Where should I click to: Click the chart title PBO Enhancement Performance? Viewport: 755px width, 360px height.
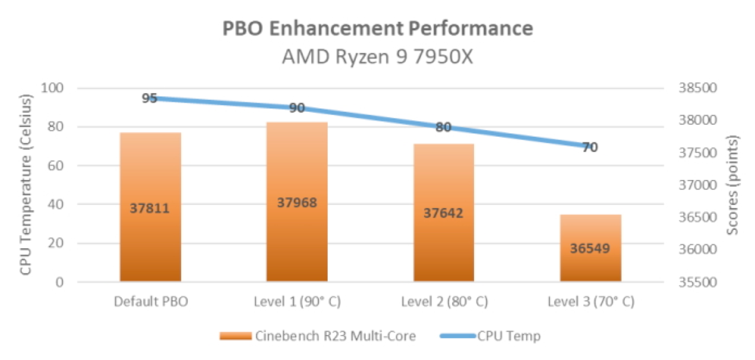point(377,28)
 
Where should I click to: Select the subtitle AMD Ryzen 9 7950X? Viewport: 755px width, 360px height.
point(377,58)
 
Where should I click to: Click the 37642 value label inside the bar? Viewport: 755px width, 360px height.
point(444,213)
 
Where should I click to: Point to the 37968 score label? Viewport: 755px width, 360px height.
point(297,203)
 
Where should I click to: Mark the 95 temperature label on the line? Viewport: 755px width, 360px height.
point(150,98)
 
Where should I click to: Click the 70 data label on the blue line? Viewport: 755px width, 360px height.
point(589,147)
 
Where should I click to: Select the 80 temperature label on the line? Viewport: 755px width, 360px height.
point(443,127)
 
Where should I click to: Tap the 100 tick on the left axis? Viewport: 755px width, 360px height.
point(53,88)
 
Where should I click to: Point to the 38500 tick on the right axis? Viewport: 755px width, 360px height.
point(694,88)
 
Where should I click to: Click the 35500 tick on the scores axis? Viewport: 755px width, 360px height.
point(694,282)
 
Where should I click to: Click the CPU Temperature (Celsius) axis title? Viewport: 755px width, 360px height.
point(25,185)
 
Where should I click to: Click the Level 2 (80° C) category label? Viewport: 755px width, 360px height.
point(444,302)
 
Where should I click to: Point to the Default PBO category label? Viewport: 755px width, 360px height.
point(150,302)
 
